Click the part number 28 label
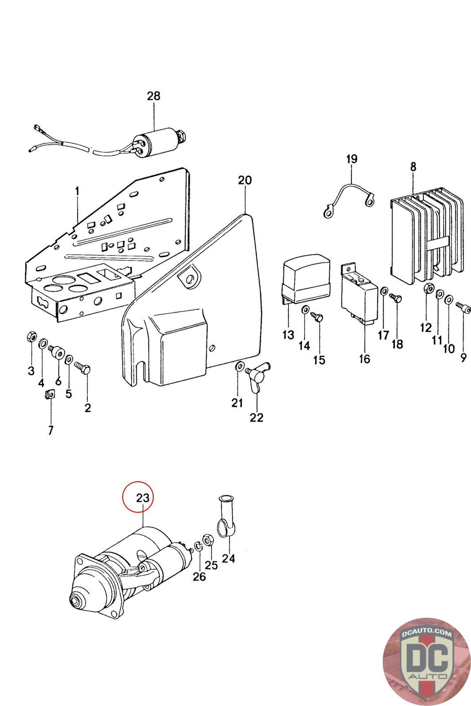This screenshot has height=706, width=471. pyautogui.click(x=154, y=96)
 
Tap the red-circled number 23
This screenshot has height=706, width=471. pyautogui.click(x=143, y=498)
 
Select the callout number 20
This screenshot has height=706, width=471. pyautogui.click(x=245, y=180)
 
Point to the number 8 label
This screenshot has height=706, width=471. pyautogui.click(x=413, y=167)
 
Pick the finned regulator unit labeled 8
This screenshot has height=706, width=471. pyautogui.click(x=427, y=237)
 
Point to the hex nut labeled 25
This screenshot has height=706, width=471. pyautogui.click(x=207, y=540)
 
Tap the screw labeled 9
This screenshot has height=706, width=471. pyautogui.click(x=463, y=306)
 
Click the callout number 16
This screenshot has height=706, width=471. pyautogui.click(x=365, y=359)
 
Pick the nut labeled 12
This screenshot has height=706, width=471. pyautogui.click(x=428, y=288)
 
